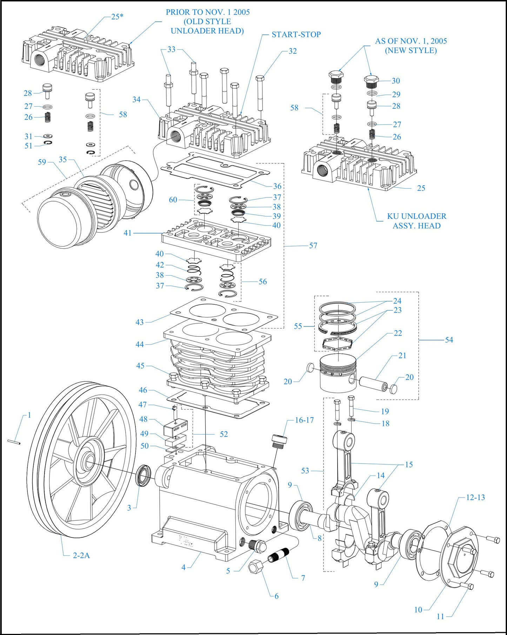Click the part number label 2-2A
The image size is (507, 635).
(81, 555)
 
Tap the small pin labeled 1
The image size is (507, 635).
(14, 442)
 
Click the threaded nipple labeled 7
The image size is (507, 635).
(279, 555)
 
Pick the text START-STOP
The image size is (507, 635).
(296, 34)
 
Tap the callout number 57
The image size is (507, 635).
(313, 246)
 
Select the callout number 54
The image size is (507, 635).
(449, 340)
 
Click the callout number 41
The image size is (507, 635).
(128, 233)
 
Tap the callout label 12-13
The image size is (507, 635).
(475, 497)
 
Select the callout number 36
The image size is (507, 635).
(277, 186)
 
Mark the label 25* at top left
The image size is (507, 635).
(117, 16)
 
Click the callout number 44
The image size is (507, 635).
(140, 344)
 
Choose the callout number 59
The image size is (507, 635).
(42, 162)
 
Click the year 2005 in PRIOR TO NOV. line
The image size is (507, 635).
(241, 12)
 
